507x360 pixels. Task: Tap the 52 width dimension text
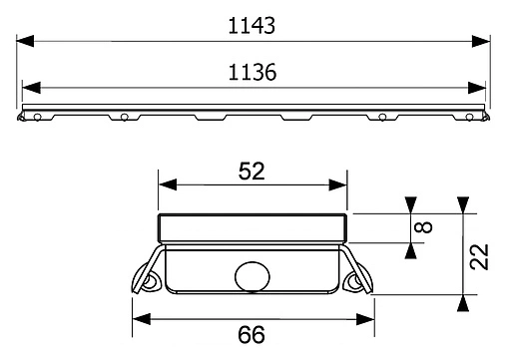click(x=252, y=171)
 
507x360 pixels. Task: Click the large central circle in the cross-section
click(x=253, y=275)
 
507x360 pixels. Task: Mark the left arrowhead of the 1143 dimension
click(x=23, y=41)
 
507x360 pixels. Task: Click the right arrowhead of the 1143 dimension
click(x=487, y=41)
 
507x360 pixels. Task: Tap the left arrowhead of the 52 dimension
click(x=163, y=186)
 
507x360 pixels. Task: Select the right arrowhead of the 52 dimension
click(x=342, y=186)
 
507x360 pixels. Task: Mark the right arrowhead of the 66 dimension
click(x=369, y=319)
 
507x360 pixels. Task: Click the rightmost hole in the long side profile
click(x=470, y=117)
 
